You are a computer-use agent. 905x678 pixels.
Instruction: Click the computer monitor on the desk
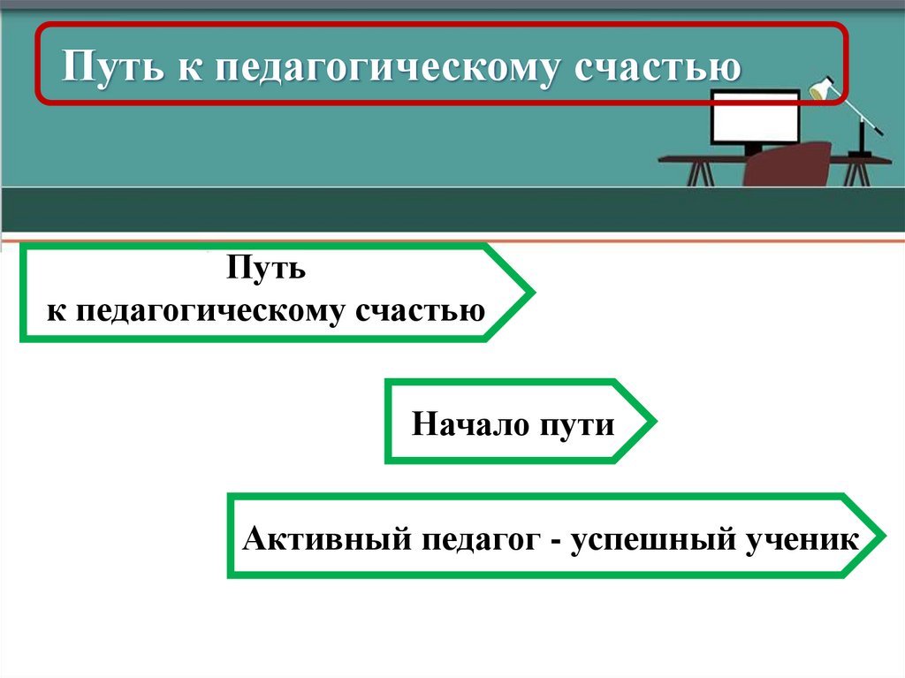coord(742,120)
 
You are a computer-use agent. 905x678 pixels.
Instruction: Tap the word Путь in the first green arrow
coord(265,267)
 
